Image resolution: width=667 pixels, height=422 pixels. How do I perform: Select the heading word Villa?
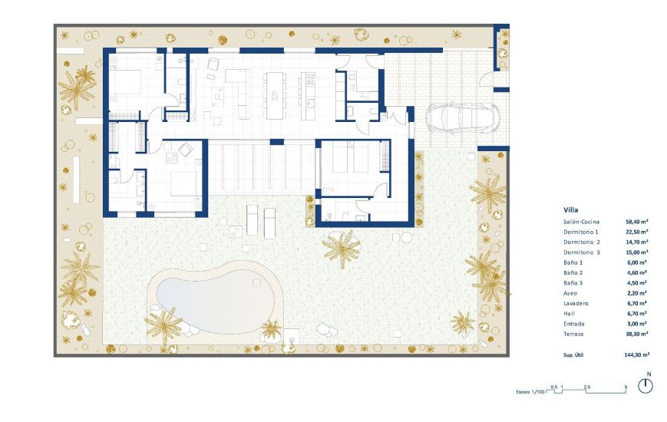(x=570, y=209)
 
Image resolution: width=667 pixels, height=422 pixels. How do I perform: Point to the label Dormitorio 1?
(x=580, y=231)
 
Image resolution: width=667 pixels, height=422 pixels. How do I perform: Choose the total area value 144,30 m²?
(x=637, y=355)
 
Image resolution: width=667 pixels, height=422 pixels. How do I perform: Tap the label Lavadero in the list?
(x=576, y=303)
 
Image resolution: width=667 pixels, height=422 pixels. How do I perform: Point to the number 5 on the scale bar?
(x=626, y=386)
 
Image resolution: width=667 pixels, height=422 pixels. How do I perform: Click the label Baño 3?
(x=573, y=282)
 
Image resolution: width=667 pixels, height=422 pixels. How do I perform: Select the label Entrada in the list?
(x=575, y=324)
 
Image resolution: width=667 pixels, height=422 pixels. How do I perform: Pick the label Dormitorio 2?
(x=581, y=242)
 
